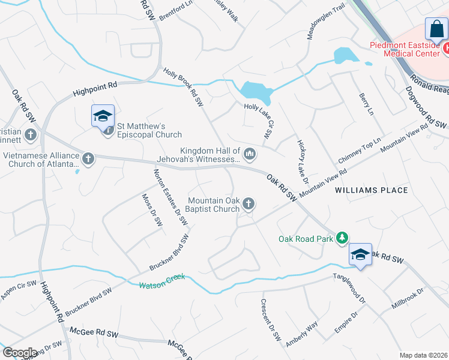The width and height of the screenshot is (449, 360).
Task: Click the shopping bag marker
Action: tap(436, 30)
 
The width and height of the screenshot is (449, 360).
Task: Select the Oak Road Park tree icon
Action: tap(342, 239)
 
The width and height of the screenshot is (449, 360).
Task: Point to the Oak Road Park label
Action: tap(306, 239)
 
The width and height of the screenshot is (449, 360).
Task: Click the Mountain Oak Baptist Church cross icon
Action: tap(249, 205)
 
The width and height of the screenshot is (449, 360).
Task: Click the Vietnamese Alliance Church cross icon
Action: tap(88, 159)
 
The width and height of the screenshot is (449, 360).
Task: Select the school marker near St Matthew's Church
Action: tap(103, 116)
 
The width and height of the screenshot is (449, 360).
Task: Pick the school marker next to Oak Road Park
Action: tap(360, 254)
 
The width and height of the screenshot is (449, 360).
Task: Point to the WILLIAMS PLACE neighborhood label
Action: tap(371, 190)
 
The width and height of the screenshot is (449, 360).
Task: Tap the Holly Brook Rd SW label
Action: tap(183, 88)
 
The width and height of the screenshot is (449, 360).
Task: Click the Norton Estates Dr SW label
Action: tap(170, 197)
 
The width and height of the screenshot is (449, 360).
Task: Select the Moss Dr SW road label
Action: tap(151, 209)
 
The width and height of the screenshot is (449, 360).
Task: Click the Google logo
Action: tap(20, 353)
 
